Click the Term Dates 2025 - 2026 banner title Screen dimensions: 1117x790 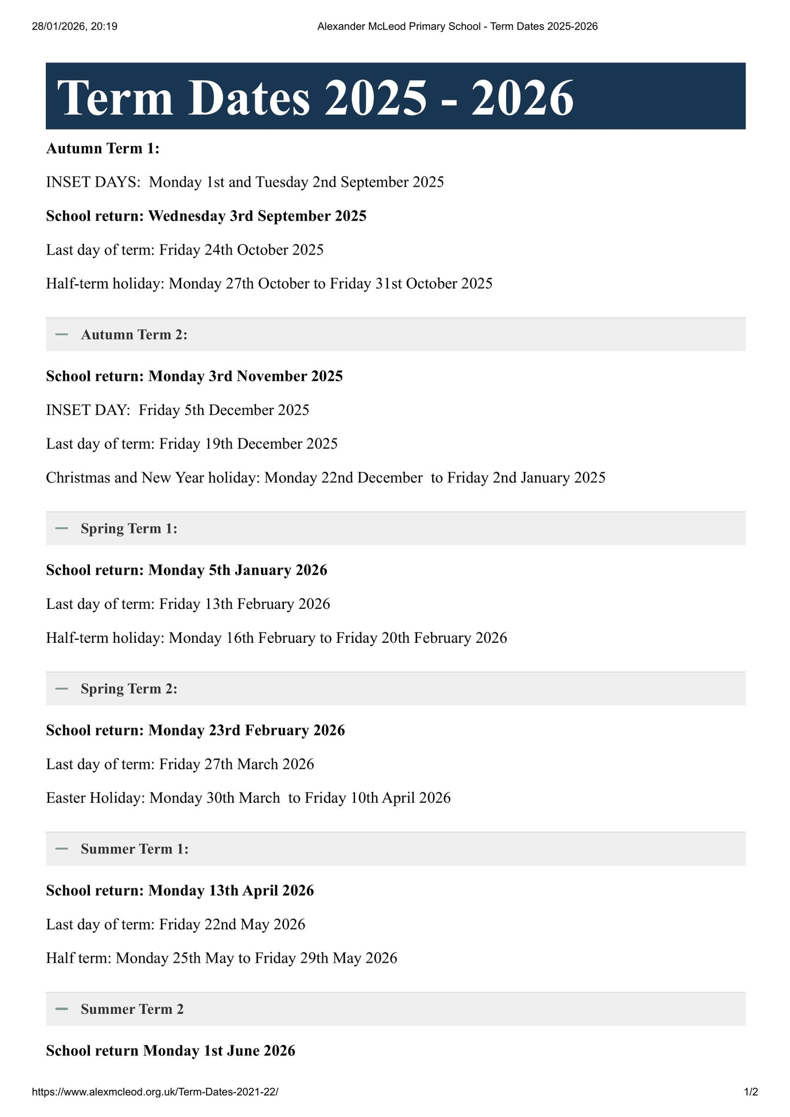[x=316, y=98]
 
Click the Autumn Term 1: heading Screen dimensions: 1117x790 [x=103, y=149]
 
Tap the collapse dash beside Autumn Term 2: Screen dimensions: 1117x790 [x=62, y=335]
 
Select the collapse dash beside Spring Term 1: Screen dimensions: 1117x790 [x=62, y=528]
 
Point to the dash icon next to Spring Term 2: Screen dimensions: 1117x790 [x=62, y=688]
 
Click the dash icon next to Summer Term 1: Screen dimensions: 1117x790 [x=62, y=849]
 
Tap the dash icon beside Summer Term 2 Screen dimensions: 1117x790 [x=62, y=1009]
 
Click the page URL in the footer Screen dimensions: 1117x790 [x=155, y=1092]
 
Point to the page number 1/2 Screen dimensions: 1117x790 [x=751, y=1092]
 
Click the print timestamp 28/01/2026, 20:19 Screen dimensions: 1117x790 [x=75, y=27]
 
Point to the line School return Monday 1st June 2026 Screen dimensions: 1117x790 [x=170, y=1051]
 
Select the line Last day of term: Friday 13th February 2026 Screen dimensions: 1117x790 [x=188, y=604]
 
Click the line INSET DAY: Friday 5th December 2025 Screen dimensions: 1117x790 [x=178, y=410]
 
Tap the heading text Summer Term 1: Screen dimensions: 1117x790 [x=134, y=849]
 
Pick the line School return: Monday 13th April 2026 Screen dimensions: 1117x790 [x=180, y=891]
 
